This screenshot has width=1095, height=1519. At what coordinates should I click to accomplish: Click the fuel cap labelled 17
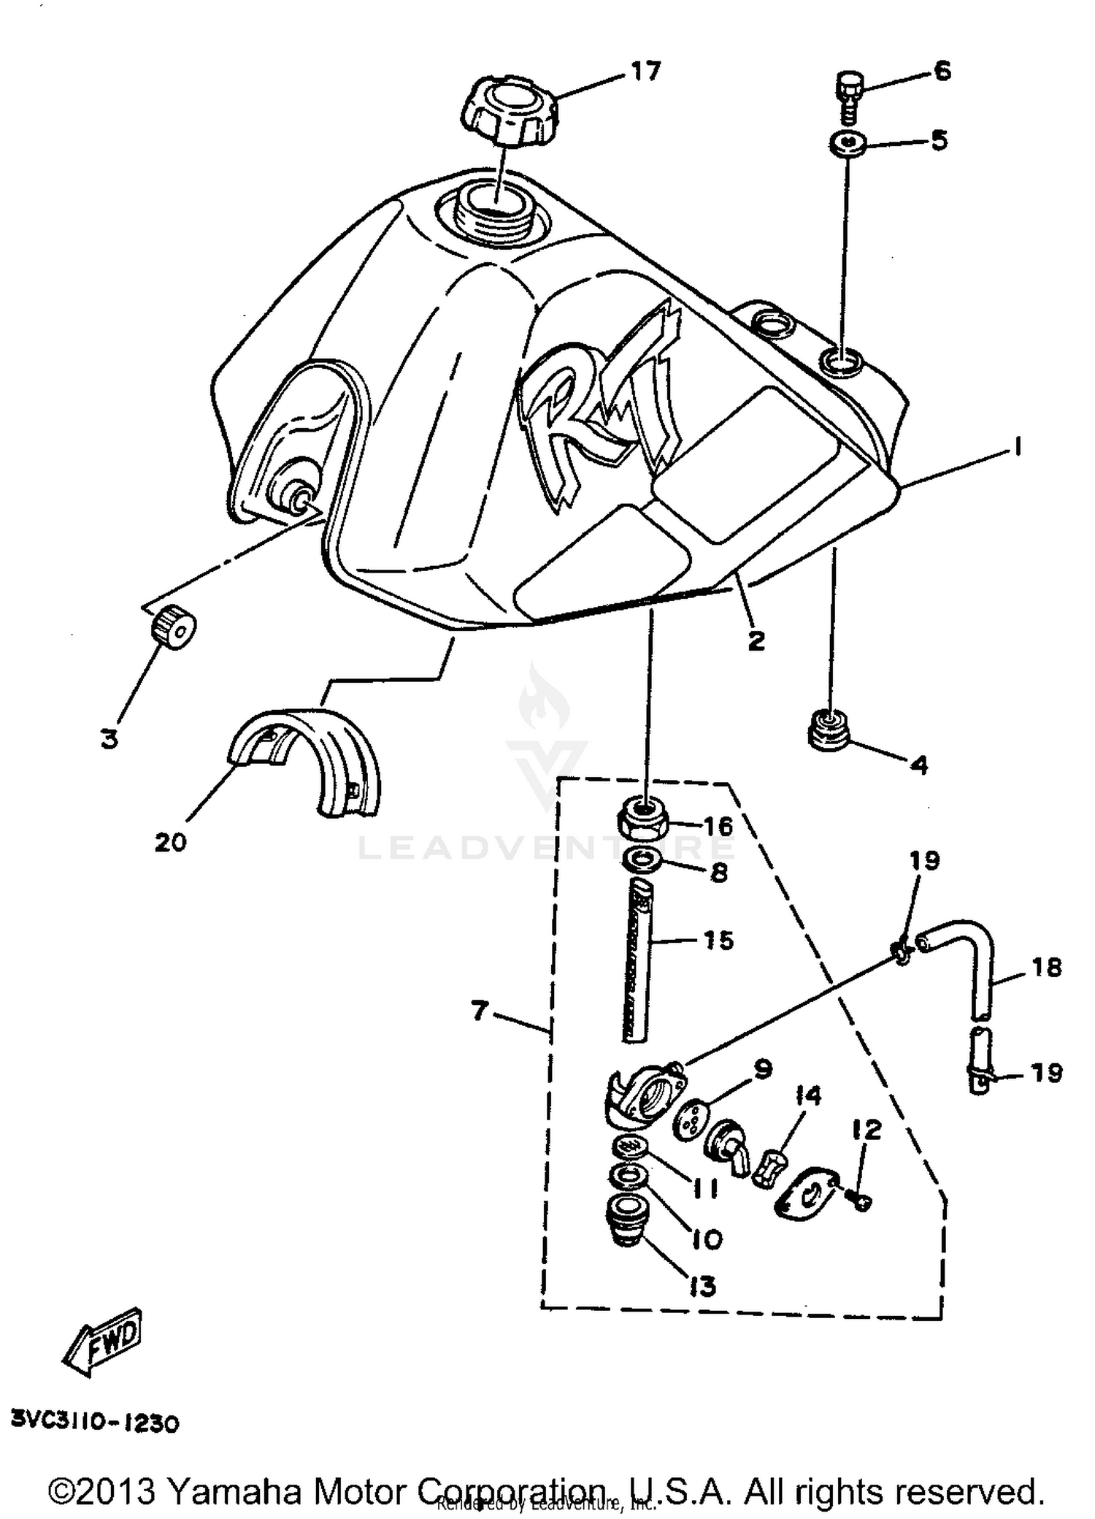[x=510, y=112]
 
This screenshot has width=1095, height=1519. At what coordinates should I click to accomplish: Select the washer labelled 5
[x=848, y=142]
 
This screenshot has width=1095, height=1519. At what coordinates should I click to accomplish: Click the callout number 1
[x=1015, y=446]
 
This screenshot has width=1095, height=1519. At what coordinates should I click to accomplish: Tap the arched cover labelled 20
[x=307, y=759]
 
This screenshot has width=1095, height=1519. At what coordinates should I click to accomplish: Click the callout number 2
[x=756, y=640]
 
